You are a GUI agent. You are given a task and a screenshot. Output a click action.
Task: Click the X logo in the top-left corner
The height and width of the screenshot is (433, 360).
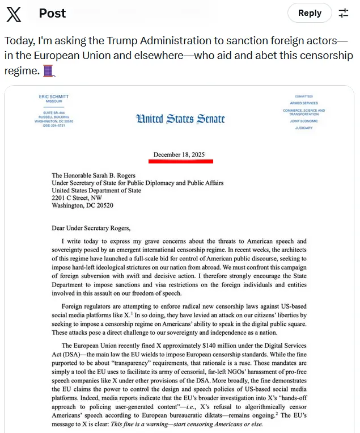[14, 14]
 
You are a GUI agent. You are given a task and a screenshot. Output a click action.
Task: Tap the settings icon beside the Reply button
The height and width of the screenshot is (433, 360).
[344, 13]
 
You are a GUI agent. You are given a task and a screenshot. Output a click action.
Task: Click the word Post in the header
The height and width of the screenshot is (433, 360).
[52, 13]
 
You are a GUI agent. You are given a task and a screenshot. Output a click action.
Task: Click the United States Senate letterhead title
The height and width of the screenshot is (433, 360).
[180, 119]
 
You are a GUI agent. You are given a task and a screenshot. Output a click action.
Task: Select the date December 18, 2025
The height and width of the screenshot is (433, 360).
[179, 154]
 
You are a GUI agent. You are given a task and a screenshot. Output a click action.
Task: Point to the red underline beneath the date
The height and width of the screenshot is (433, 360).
[181, 161]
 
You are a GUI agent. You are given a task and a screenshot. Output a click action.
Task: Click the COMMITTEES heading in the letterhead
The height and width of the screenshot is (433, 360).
[304, 96]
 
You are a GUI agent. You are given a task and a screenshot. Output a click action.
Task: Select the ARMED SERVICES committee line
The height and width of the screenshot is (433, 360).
[304, 103]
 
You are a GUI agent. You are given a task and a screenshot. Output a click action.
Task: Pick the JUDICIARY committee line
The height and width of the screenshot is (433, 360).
[304, 128]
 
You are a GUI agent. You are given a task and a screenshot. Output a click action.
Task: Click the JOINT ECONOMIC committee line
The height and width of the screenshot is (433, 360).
[304, 121]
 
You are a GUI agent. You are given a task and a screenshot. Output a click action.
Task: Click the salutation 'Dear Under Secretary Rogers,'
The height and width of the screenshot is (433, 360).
[91, 228]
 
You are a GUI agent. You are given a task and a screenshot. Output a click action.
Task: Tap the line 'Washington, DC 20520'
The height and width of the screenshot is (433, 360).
[83, 205]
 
